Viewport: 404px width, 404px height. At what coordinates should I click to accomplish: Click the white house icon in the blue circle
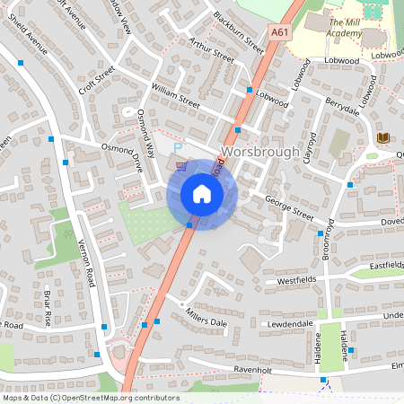201,194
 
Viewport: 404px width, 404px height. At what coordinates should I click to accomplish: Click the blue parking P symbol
178,148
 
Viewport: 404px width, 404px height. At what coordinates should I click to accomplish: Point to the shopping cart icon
183,166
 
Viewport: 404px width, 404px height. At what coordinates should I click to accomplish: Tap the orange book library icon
383,136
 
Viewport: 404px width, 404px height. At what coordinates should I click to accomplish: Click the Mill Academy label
345,28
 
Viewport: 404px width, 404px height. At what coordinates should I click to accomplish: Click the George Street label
289,212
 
